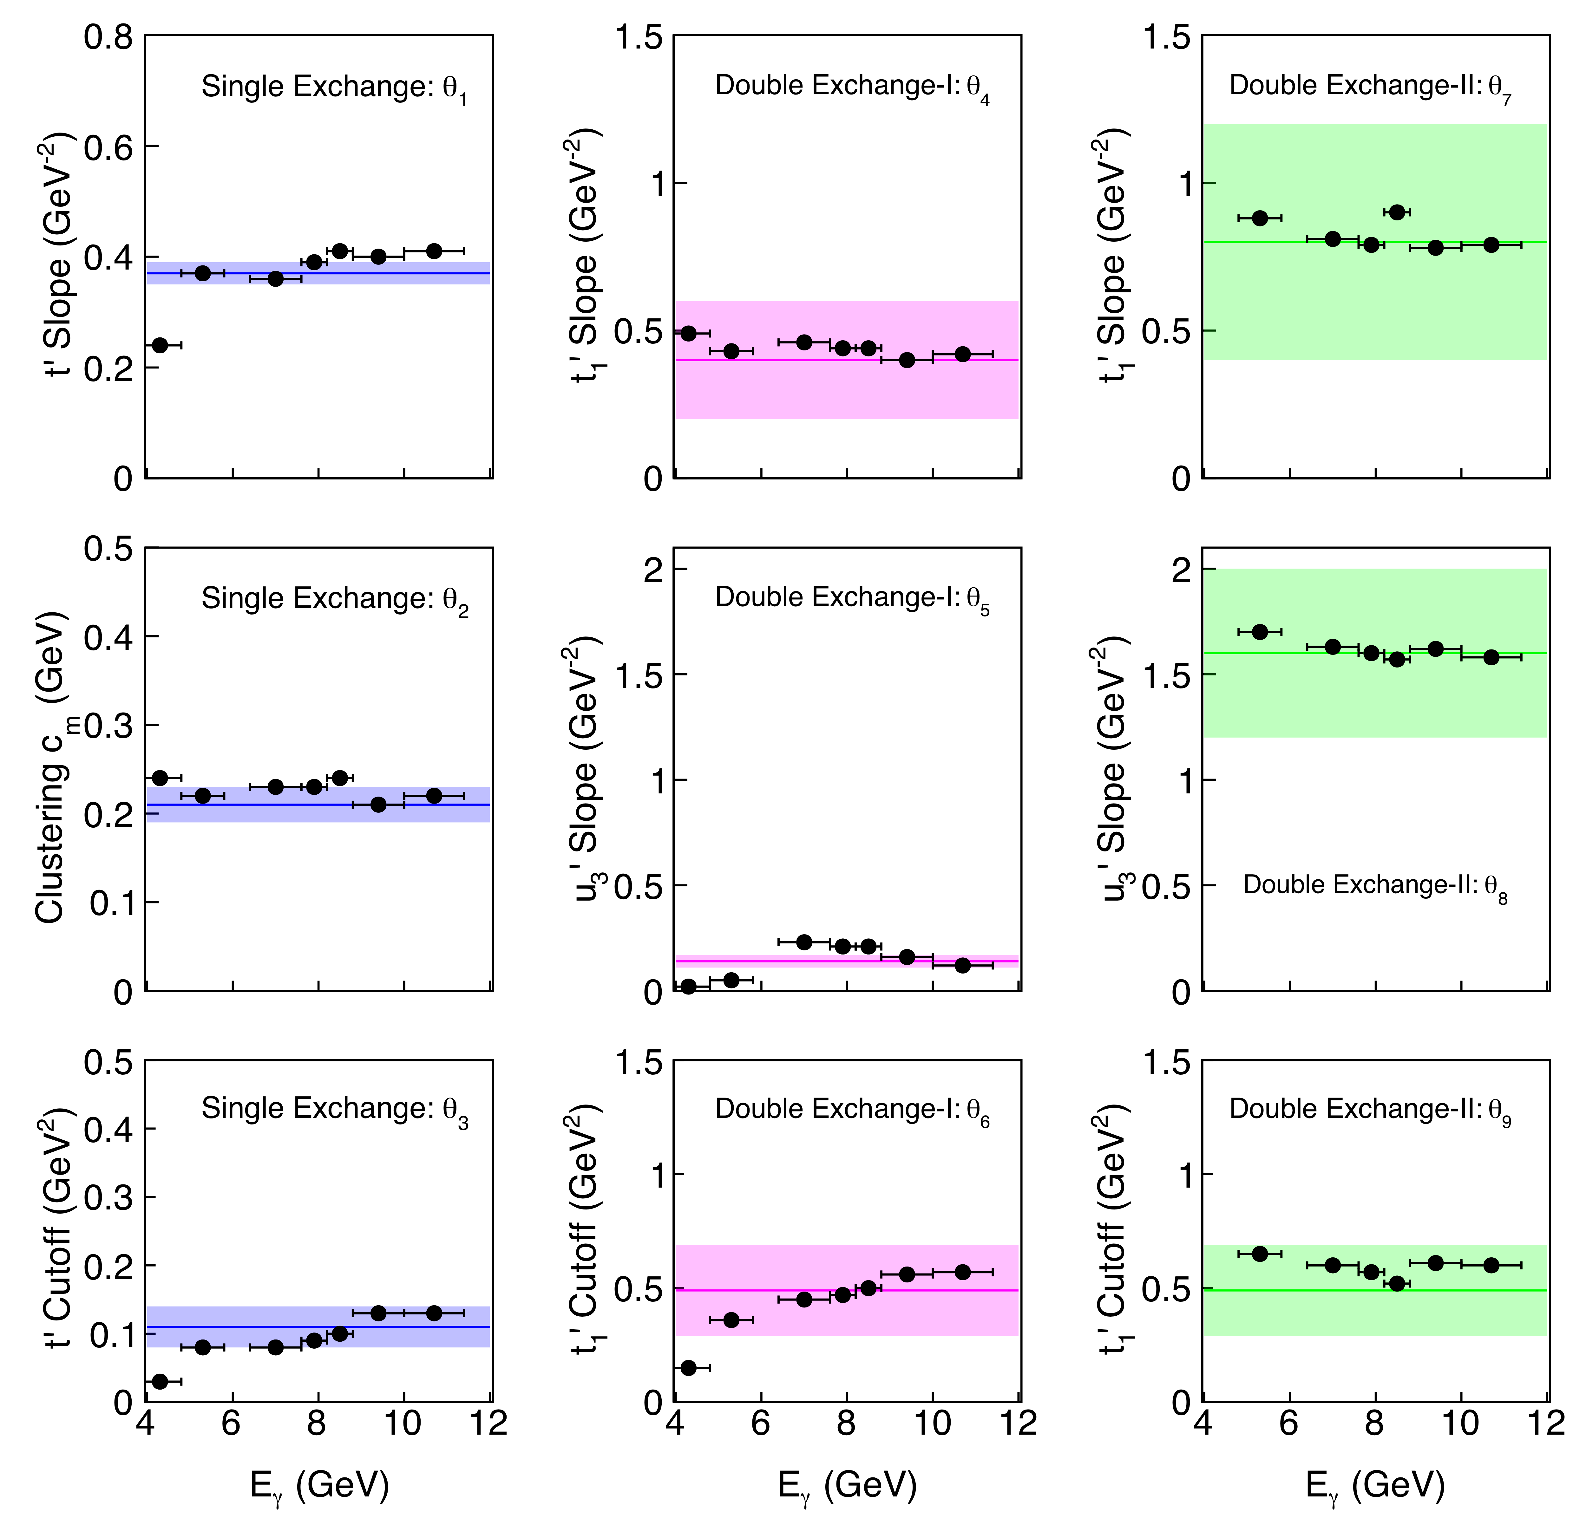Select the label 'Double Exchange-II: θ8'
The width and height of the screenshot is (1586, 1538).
(x=1375, y=885)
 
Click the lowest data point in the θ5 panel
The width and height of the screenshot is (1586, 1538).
(x=689, y=986)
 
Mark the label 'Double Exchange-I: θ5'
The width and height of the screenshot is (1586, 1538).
(x=852, y=598)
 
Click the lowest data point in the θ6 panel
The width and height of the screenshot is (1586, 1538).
(x=689, y=1367)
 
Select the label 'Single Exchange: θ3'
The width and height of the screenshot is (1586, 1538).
(x=334, y=1109)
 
